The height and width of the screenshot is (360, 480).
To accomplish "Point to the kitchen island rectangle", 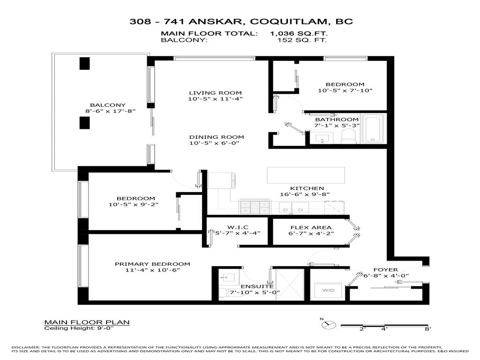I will tap(306, 175).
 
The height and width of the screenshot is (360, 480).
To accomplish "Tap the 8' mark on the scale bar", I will tap(427, 330).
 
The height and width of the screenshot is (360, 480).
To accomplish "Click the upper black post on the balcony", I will tap(84, 63).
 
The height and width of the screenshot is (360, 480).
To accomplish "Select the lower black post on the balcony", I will tap(84, 123).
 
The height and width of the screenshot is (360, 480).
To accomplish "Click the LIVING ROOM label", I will tap(216, 92).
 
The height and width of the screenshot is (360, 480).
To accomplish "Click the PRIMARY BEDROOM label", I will tap(152, 264).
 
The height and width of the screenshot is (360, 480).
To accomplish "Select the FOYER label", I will tap(385, 270).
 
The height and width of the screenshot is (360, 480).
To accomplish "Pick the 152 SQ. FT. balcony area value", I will tap(302, 40).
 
